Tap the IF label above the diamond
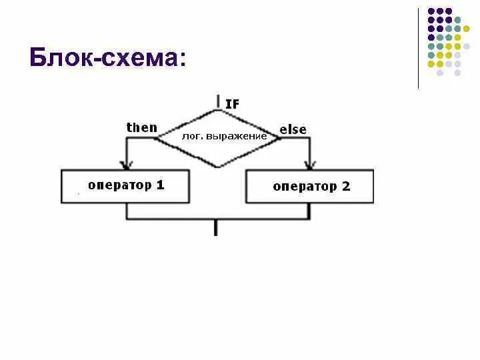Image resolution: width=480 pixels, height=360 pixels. [x=232, y=104]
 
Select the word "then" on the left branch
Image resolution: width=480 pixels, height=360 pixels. [x=142, y=127]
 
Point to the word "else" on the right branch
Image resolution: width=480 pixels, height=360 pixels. [x=293, y=129]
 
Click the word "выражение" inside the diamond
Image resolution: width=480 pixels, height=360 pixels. [x=240, y=136]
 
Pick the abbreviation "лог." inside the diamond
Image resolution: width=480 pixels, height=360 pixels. [x=192, y=136]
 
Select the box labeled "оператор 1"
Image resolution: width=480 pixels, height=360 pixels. [x=126, y=186]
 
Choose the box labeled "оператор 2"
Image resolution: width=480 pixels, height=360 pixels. [x=309, y=186]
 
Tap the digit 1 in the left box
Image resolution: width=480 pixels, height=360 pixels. [x=160, y=185]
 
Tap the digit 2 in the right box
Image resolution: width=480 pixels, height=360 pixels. [x=345, y=186]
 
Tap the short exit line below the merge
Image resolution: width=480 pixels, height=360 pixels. [x=216, y=228]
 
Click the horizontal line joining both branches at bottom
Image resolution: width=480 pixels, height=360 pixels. [x=217, y=219]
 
